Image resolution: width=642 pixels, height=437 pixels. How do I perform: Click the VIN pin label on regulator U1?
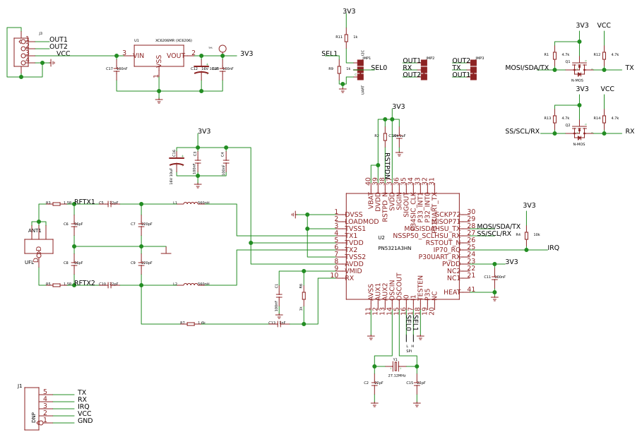pyautogui.click(x=138, y=56)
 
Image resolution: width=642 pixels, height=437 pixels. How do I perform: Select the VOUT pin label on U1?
pyautogui.click(x=175, y=56)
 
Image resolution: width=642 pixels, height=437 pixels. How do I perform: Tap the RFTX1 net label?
pyautogui.click(x=84, y=203)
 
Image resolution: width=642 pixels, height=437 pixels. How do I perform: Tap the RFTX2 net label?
pyautogui.click(x=84, y=283)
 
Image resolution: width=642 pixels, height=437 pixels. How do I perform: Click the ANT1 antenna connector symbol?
pyautogui.click(x=39, y=246)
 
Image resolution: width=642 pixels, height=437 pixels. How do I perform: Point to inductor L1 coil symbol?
pyautogui.click(x=191, y=203)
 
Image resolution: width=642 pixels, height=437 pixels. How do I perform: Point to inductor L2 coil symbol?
pyautogui.click(x=191, y=285)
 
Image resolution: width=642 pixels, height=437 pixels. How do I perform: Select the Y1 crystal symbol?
pyautogui.click(x=396, y=366)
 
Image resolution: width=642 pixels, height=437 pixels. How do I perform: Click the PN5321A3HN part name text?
pyautogui.click(x=394, y=249)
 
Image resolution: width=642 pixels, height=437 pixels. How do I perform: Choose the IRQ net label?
pyautogui.click(x=553, y=248)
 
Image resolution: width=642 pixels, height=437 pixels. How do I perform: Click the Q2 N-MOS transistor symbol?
pyautogui.click(x=579, y=133)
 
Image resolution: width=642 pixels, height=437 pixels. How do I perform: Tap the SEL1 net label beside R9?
pyautogui.click(x=329, y=54)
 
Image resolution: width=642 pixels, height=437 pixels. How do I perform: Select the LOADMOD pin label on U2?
pyautogui.click(x=362, y=222)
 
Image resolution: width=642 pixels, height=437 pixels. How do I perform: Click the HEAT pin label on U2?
pyautogui.click(x=451, y=292)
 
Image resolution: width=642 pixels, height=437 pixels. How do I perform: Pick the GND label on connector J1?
pyautogui.click(x=85, y=421)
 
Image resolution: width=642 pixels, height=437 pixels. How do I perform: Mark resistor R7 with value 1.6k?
pyautogui.click(x=191, y=324)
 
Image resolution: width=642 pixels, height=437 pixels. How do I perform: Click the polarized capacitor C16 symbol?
pyautogui.click(x=177, y=162)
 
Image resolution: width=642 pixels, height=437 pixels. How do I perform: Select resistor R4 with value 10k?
pyautogui.click(x=526, y=235)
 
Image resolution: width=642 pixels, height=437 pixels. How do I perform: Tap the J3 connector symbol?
pyautogui.click(x=21, y=52)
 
